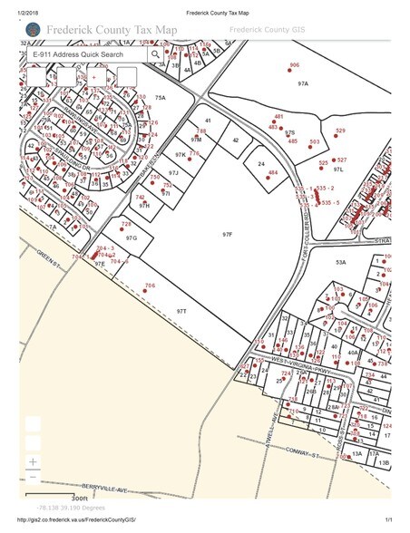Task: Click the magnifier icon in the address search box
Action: coord(156,53)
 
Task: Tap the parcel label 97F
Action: coord(228,234)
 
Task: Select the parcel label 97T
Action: coord(181,310)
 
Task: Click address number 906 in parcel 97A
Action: coord(294,65)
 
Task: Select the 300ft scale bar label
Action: coord(81,498)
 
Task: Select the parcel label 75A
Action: coord(161,97)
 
